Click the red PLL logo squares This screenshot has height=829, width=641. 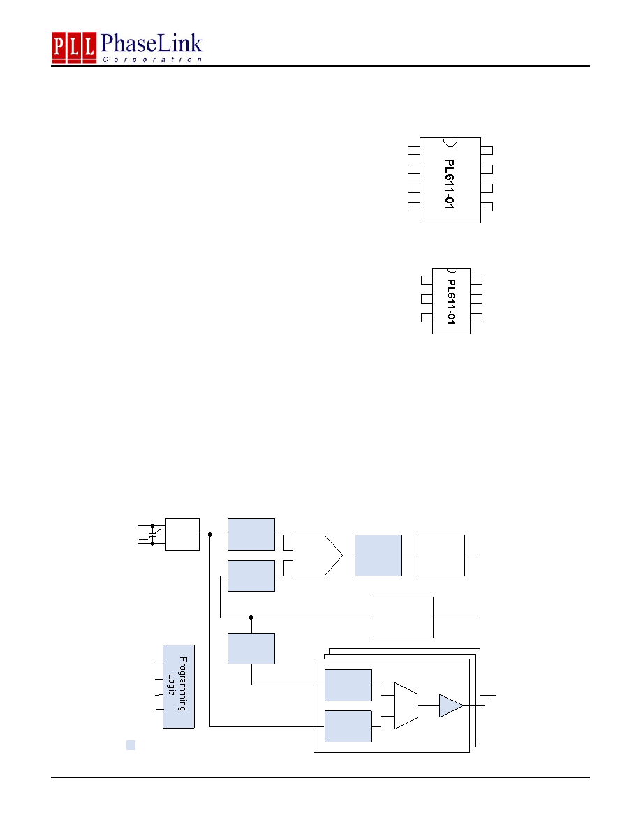tap(74, 47)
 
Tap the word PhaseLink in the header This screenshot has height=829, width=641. tap(152, 43)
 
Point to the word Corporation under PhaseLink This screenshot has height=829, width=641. tap(152, 60)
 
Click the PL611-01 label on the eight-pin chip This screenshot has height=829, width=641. tap(450, 184)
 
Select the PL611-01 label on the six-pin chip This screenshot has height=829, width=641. tap(451, 301)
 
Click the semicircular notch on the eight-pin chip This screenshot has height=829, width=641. tap(450, 142)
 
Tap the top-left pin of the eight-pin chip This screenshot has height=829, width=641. tap(414, 150)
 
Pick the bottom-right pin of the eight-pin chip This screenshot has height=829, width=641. tap(487, 207)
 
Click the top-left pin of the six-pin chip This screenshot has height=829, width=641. tap(427, 281)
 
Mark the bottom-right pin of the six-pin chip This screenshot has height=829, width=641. tap(476, 318)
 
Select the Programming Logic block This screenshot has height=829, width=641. tap(179, 686)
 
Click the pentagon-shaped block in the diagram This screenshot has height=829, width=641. tap(317, 555)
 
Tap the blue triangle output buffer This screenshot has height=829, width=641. tap(451, 705)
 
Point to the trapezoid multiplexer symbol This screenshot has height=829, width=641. tap(406, 705)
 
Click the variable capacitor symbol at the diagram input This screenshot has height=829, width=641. tap(153, 535)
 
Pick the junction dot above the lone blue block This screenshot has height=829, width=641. tap(251, 618)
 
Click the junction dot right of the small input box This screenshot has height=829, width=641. tap(210, 535)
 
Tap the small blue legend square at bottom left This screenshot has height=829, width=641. tap(131, 745)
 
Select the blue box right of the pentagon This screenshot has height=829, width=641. tap(378, 555)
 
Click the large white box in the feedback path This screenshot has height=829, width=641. tap(402, 618)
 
